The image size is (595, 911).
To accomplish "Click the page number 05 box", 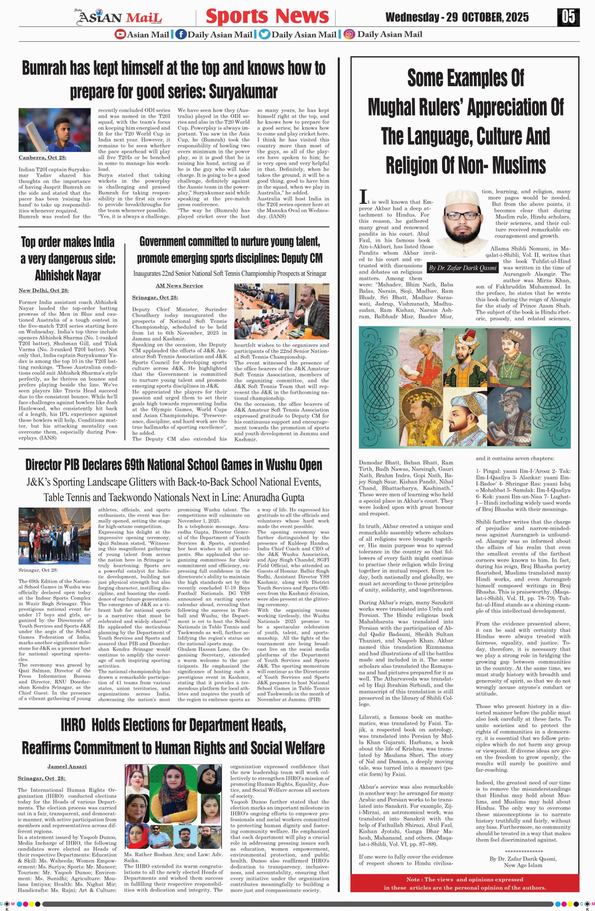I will tap(569, 17).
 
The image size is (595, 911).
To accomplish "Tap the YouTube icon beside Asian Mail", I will tap(120, 34).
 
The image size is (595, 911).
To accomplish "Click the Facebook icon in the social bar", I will tap(181, 34).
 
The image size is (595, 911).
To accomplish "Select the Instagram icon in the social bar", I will tap(349, 34).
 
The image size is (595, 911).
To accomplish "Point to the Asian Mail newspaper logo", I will tap(120, 17).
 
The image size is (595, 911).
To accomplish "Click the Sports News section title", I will tap(267, 16).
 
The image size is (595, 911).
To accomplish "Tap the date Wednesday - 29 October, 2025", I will tap(457, 17).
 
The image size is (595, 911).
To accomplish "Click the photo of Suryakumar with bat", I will tap(54, 130).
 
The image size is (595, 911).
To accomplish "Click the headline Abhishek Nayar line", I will tap(68, 275).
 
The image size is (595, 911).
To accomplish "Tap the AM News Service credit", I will tap(179, 286).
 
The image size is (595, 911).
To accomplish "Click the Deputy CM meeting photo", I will tap(282, 311).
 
